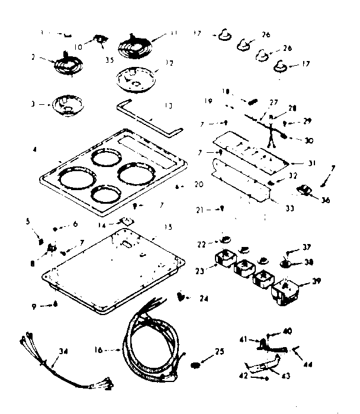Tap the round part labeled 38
[x=286, y=262]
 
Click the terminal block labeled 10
[x=100, y=40]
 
